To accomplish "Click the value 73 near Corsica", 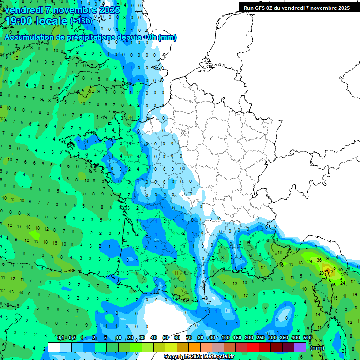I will click(330, 271).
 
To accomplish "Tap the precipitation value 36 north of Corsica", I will click(319, 260).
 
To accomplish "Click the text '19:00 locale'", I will click(37, 21).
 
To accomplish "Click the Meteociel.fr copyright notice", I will click(199, 356).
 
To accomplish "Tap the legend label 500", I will click(307, 338).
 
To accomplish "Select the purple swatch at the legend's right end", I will click(300, 347).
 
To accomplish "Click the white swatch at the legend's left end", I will click(54, 347).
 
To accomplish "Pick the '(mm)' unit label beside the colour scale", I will click(317, 348).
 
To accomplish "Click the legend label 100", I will click(225, 338).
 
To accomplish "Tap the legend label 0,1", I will click(60, 338).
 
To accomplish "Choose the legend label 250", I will click(261, 338).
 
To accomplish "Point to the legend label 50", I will click(165, 338).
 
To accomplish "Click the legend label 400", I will click(295, 338).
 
